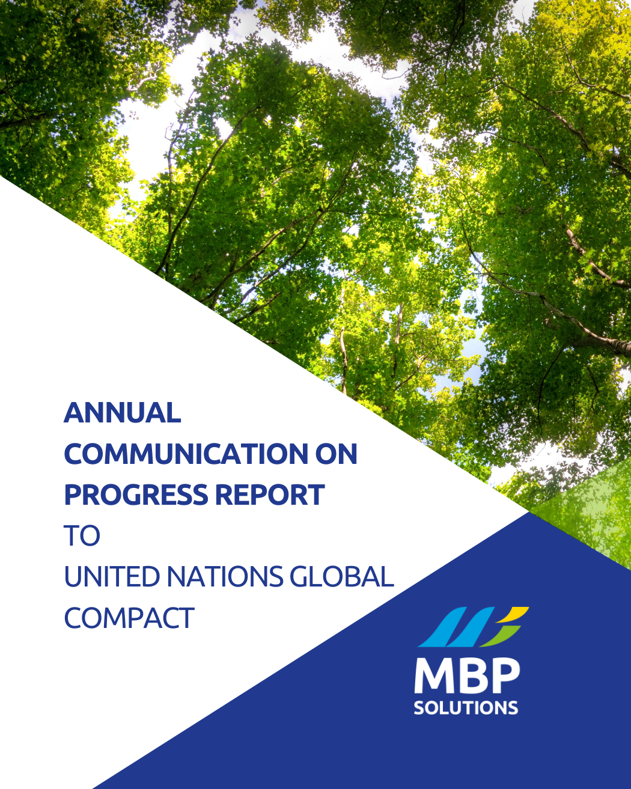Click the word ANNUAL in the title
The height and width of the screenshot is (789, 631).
(123, 413)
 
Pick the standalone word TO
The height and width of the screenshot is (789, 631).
(82, 535)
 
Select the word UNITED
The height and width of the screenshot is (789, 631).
(112, 577)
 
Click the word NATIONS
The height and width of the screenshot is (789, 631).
(225, 577)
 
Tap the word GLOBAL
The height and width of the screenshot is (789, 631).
(341, 577)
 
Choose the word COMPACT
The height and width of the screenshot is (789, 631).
(129, 618)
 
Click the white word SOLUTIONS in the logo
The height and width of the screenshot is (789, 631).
(466, 707)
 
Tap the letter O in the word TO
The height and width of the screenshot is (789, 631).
(90, 535)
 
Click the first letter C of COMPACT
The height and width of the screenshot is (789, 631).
(74, 618)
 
